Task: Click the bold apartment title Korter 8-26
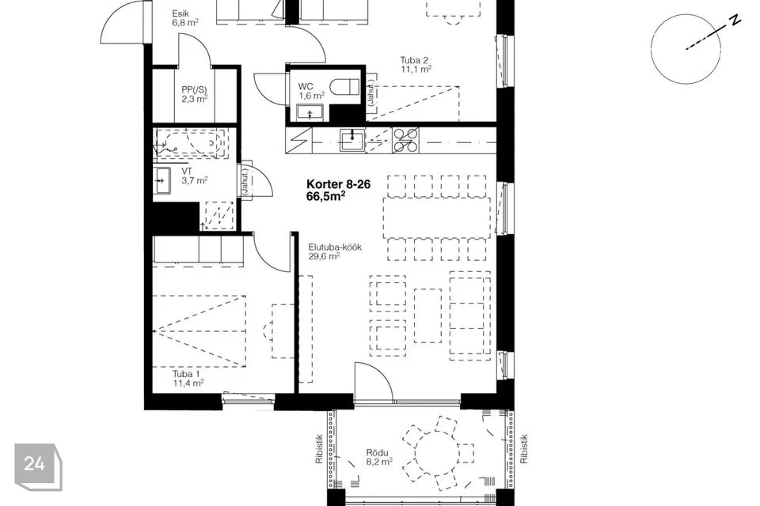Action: [338, 184]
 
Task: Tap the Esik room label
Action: [180, 14]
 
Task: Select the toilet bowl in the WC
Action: [344, 87]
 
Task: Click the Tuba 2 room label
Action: [414, 61]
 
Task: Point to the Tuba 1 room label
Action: [186, 374]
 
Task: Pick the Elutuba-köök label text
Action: [335, 247]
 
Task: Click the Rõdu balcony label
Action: [377, 453]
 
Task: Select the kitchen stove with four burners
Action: [405, 141]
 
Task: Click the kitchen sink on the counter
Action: [351, 141]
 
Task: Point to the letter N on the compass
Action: [735, 21]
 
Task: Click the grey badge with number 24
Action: [38, 466]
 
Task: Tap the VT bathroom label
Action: [187, 172]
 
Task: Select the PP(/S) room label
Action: [194, 89]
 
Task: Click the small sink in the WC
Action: [310, 112]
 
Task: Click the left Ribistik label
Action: [319, 449]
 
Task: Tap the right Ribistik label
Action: [524, 449]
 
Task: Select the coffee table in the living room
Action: [428, 315]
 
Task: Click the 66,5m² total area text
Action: [326, 196]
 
